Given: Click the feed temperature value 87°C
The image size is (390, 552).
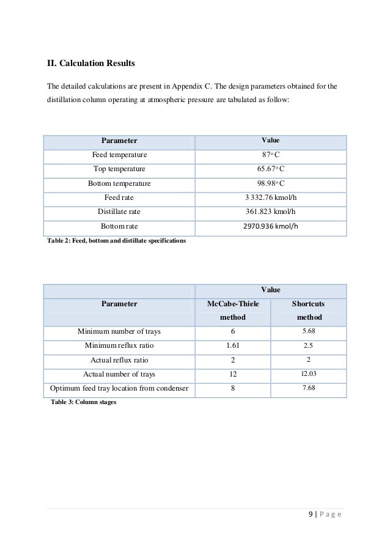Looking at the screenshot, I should tap(271, 155).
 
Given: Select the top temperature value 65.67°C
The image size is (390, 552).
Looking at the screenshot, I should tap(271, 169).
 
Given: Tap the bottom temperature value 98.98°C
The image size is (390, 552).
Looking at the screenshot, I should tap(271, 183).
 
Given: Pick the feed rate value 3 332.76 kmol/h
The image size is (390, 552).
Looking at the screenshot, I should tap(271, 197).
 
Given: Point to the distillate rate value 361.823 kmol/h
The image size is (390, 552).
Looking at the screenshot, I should tap(271, 212).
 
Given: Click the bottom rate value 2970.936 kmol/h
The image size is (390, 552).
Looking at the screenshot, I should tap(271, 227).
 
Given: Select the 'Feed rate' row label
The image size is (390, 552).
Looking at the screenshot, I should tap(119, 197).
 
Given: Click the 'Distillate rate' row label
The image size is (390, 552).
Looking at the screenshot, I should tap(119, 212).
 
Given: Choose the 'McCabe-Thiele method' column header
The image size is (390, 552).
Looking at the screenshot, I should tap(232, 310).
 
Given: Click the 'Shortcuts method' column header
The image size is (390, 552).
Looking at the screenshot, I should tap(309, 310).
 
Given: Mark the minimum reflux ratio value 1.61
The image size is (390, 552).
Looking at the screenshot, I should tap(232, 345).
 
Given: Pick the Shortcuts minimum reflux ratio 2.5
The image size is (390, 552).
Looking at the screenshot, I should tap(309, 345).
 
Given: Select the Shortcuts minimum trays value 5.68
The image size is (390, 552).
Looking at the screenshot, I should tap(309, 331).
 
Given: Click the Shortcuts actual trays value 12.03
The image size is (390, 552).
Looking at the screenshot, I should tap(309, 374).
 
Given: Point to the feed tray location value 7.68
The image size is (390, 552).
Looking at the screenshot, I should tap(309, 388).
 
